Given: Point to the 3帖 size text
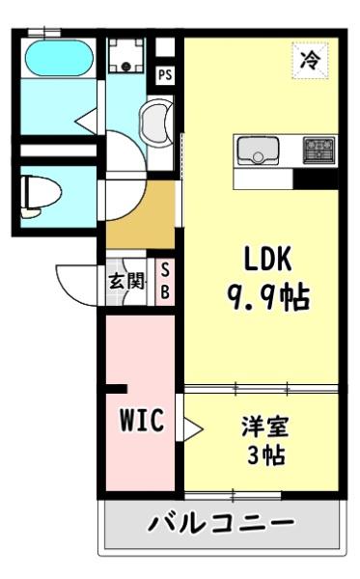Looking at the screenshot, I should point(263,455).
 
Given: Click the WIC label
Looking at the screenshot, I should point(141,421).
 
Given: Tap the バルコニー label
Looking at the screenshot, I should point(220,526).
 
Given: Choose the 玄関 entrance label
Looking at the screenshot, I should point(125,281).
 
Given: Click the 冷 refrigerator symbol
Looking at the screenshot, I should point(310,59).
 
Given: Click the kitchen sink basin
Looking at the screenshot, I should point(258,150).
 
